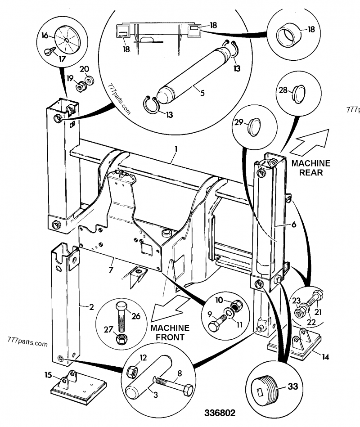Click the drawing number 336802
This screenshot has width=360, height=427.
click(x=220, y=413)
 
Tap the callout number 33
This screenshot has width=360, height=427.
click(x=293, y=386)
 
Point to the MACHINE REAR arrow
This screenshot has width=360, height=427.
click(x=309, y=142)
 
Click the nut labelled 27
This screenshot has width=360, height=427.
click(x=120, y=339)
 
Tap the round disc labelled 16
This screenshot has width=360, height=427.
click(x=67, y=40)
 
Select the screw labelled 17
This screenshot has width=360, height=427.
click(x=50, y=50)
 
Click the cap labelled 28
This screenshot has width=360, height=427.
click(x=299, y=94)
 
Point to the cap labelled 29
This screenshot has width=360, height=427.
click(x=254, y=127)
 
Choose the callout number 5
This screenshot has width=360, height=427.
click(x=202, y=93)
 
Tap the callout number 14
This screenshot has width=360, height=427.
click(x=325, y=357)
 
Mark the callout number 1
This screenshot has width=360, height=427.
click(x=176, y=149)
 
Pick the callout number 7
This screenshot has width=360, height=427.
click(x=111, y=270)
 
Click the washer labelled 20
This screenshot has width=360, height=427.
click(x=90, y=81)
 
